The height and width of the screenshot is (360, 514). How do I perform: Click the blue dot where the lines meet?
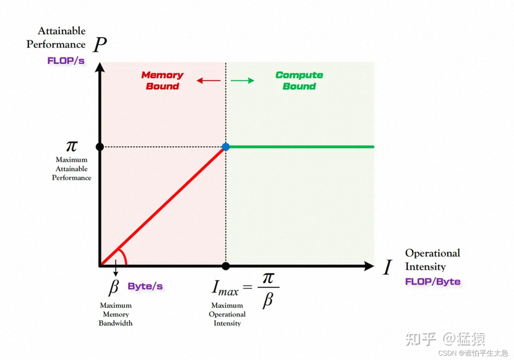(226, 147)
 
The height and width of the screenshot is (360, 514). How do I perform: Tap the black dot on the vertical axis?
(100, 147)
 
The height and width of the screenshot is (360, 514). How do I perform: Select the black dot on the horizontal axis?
(226, 266)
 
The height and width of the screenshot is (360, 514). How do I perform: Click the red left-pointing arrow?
(208, 80)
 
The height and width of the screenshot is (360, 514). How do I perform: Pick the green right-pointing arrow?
(243, 80)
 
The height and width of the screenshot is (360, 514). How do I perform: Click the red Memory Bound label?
(162, 80)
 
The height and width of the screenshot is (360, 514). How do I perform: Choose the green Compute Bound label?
(299, 80)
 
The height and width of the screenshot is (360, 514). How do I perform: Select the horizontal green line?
(300, 147)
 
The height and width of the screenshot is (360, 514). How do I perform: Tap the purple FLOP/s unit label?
(66, 61)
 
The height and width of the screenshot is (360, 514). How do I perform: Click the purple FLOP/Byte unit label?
(432, 282)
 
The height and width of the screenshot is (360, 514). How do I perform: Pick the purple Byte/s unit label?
(145, 286)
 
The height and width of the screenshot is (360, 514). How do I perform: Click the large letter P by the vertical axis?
(100, 45)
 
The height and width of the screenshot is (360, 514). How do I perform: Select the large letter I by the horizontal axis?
(388, 267)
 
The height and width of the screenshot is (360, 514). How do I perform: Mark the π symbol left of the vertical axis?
(72, 146)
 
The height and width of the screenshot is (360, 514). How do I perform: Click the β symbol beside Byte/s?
(114, 287)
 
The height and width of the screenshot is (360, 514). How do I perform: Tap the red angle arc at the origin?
(124, 255)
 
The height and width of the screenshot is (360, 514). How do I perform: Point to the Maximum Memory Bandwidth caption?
(116, 314)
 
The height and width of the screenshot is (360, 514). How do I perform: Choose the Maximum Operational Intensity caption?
(227, 314)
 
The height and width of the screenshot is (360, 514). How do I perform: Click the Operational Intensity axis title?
(432, 260)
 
